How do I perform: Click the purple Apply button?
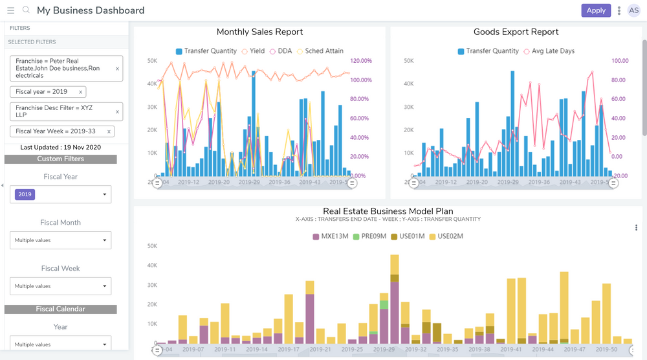595,10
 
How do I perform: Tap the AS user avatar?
633,10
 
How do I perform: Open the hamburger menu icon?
10,10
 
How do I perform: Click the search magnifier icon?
26,10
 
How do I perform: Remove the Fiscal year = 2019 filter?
80,92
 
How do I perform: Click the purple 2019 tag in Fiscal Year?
25,194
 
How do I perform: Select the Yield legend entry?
253,51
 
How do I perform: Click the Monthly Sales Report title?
259,32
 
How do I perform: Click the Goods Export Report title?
516,32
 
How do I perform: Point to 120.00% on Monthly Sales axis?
361,61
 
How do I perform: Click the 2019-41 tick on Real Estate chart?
511,349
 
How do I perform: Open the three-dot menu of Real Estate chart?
636,227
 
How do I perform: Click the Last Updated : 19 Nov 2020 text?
60,147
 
